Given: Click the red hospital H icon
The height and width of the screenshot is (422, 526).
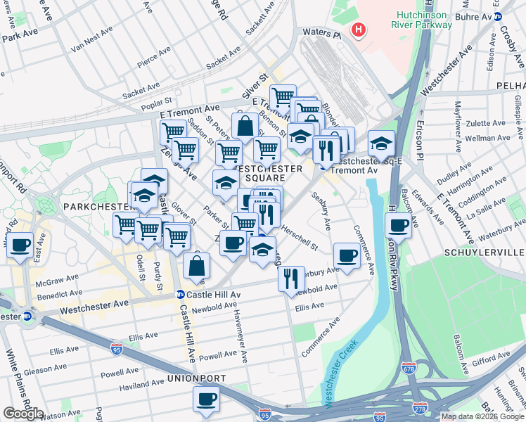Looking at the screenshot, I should [x=359, y=30].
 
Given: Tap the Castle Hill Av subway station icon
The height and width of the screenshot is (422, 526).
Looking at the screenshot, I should [x=180, y=295].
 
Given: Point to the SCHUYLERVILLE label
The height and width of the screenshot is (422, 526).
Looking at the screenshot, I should [x=485, y=252].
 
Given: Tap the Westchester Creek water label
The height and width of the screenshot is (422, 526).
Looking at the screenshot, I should [x=340, y=373].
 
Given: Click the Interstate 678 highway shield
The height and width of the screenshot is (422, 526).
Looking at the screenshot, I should [x=409, y=368].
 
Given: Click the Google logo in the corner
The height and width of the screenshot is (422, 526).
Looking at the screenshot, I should [x=23, y=414].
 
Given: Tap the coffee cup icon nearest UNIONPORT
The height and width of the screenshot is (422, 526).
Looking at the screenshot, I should [x=207, y=399].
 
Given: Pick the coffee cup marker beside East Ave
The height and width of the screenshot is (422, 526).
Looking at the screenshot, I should [x=20, y=245].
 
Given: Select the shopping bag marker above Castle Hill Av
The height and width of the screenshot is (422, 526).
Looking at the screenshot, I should [x=197, y=266].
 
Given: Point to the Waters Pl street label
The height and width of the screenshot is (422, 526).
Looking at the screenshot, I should [x=321, y=33].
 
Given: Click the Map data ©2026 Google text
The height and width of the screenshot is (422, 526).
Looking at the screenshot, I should [x=482, y=416].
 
